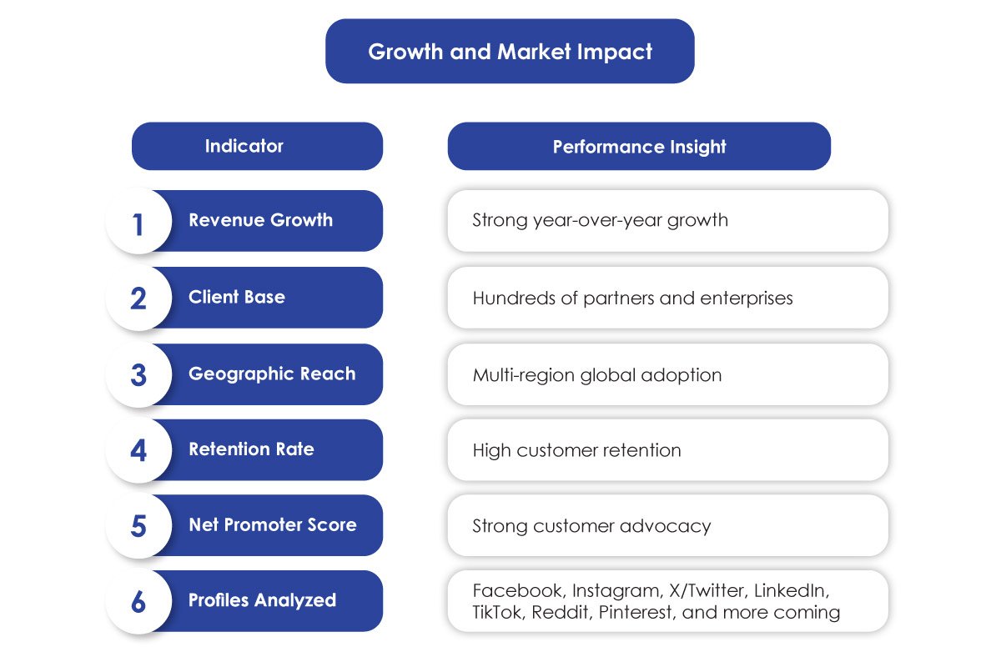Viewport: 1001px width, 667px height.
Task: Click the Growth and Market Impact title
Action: coord(510,52)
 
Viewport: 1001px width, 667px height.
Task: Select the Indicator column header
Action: coord(244,146)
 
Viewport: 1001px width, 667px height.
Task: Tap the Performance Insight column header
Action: coord(640,147)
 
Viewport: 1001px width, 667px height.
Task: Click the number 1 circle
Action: coord(139,222)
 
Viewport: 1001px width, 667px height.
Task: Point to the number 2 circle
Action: coord(139,298)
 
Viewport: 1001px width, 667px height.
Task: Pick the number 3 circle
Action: coord(139,374)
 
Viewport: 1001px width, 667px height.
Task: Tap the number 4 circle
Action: coord(139,450)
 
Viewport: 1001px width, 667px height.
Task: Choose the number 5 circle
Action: coord(139,525)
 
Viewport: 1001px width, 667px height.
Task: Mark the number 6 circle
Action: coord(139,601)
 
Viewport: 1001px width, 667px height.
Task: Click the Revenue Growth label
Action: coord(260,220)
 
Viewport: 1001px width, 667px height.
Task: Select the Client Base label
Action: coord(237,297)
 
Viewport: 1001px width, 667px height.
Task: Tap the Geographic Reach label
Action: coord(272,374)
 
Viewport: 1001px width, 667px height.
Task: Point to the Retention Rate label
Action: coord(252,449)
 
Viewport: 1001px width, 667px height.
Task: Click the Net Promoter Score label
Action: coord(273,525)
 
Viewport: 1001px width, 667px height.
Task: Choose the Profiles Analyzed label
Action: coord(262,600)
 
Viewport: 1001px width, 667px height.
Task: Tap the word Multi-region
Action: coord(524,375)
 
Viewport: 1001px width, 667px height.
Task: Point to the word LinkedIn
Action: coord(792,590)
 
